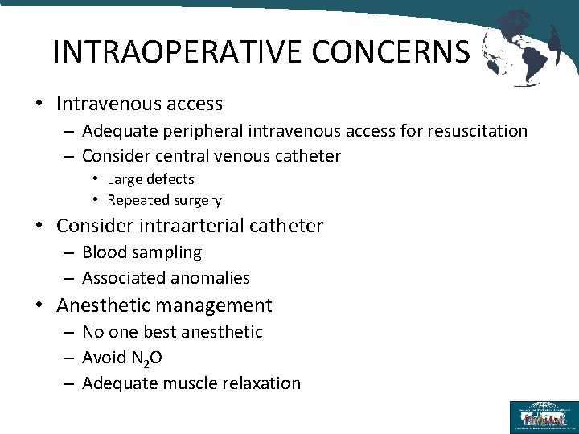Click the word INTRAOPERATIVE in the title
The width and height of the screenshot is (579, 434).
point(178,51)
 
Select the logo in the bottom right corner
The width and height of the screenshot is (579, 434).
point(542,416)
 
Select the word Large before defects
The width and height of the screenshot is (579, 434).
point(125,178)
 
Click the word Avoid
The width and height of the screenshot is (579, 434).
point(102,358)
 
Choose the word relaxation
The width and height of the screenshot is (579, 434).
point(262,383)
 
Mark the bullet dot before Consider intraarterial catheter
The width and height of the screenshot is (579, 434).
point(39,227)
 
